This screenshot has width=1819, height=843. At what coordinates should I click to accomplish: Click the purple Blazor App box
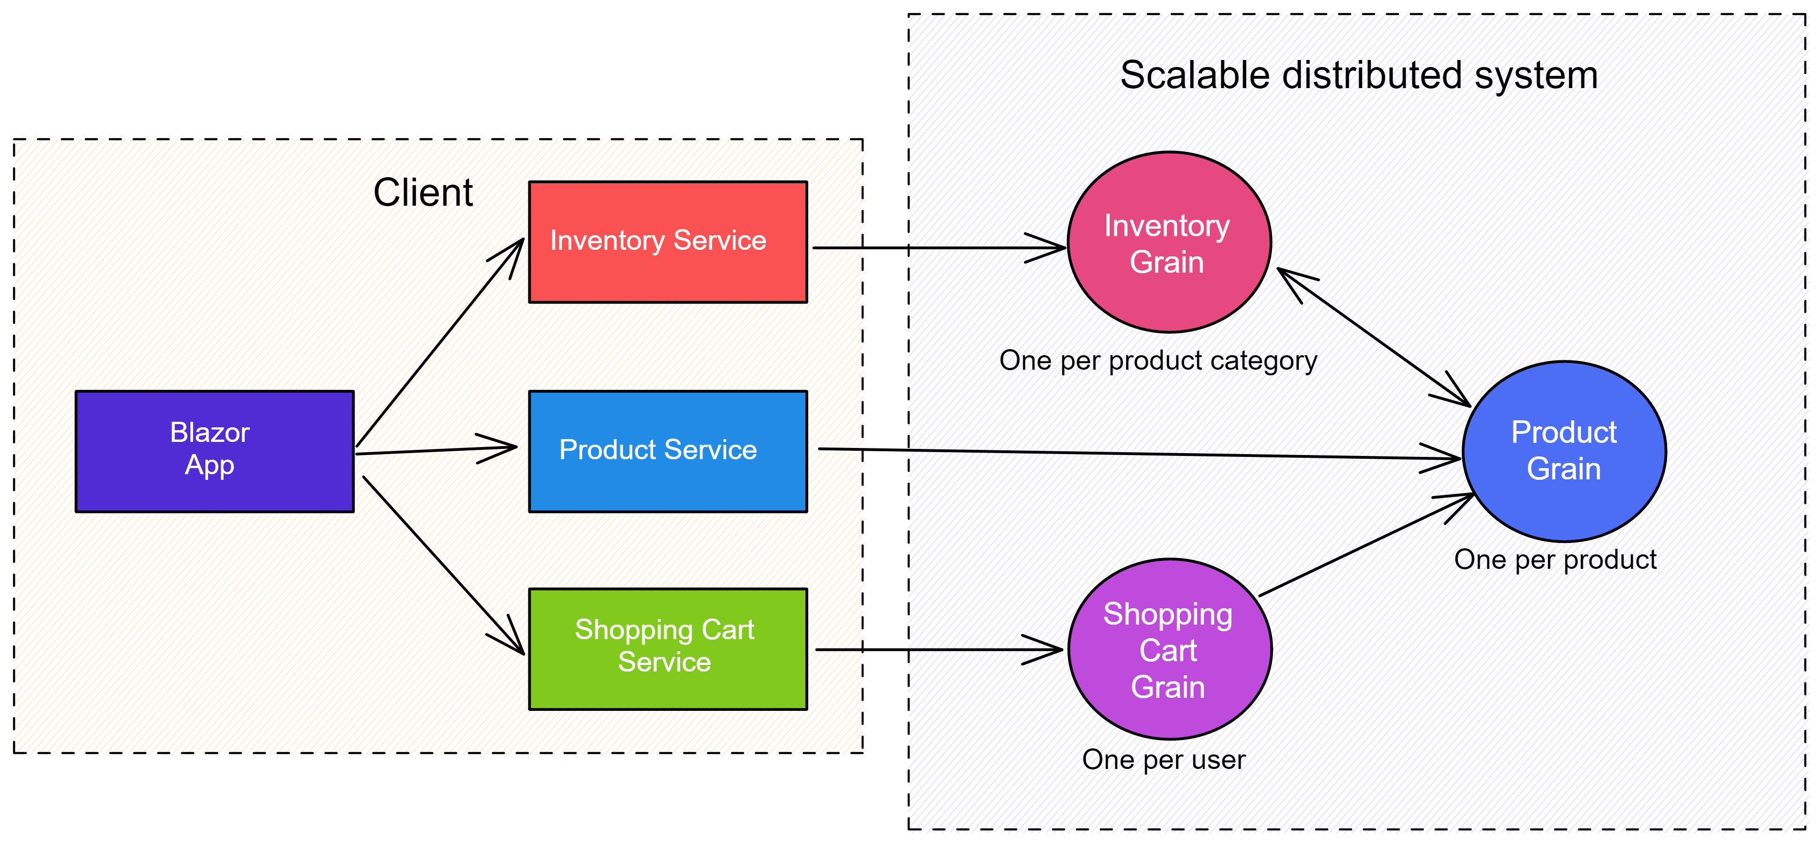[x=215, y=451]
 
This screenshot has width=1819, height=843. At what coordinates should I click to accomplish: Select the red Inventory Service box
[x=668, y=242]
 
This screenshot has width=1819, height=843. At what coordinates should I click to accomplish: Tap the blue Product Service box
[x=668, y=451]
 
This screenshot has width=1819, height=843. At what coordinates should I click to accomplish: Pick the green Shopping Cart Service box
[x=668, y=649]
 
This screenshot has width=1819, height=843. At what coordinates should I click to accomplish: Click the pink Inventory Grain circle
[x=1169, y=242]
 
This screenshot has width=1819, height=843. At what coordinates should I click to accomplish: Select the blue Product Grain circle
[x=1564, y=451]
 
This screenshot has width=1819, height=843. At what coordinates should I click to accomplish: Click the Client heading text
[x=423, y=193]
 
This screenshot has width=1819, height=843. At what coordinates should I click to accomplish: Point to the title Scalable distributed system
[x=1359, y=75]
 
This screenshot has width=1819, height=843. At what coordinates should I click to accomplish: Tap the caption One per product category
[x=1158, y=361]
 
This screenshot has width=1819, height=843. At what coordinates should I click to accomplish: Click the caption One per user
[x=1164, y=760]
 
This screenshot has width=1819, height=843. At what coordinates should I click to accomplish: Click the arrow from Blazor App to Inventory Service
[x=439, y=343]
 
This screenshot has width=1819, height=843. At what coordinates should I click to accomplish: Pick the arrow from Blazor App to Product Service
[x=436, y=450]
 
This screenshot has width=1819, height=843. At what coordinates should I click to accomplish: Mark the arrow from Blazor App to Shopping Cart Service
[x=443, y=565]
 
